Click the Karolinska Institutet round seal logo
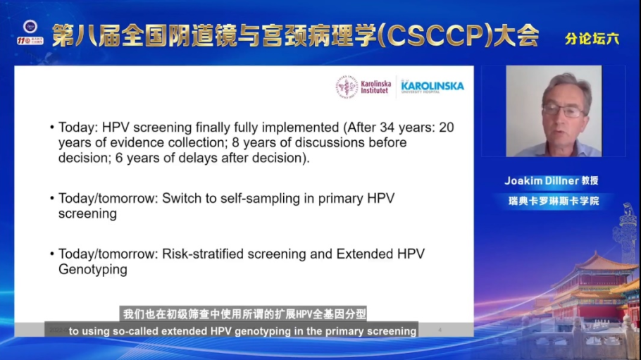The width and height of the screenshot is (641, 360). (x=347, y=87)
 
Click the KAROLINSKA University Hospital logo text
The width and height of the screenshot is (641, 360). (x=432, y=87)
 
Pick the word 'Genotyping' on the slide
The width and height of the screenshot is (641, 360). (x=92, y=269)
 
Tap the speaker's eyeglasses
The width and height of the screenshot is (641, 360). (x=561, y=111)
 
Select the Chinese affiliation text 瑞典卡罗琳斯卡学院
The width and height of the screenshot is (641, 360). (x=554, y=201)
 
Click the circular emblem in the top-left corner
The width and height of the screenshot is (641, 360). (x=29, y=26)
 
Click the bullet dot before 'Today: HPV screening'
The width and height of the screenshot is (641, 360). (x=51, y=128)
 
